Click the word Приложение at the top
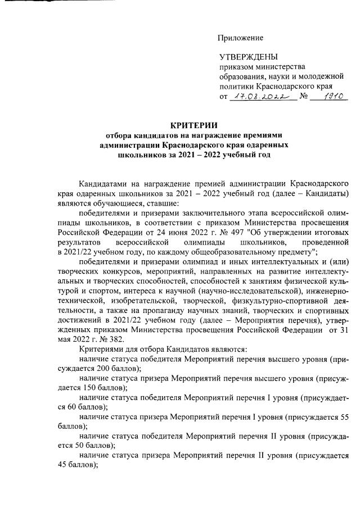point(241,38)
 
